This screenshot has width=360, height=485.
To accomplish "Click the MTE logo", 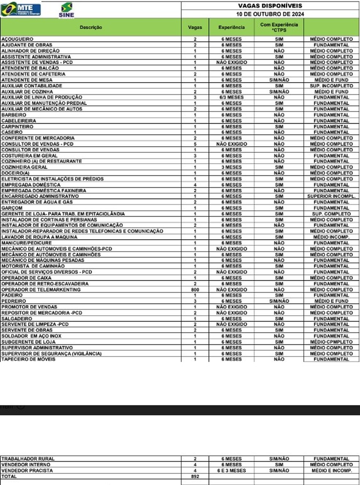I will [x=21, y=9].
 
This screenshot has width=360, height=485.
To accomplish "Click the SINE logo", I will [x=66, y=10].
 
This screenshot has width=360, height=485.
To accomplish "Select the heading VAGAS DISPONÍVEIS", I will [x=270, y=6].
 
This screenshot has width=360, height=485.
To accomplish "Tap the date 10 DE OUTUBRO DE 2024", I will [x=270, y=14].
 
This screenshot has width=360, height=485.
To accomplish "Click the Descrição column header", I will [x=91, y=27].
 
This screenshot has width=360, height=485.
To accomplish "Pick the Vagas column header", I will [x=195, y=27].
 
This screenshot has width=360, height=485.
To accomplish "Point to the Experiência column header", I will [x=232, y=27].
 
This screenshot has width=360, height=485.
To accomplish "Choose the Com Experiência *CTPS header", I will [x=279, y=27].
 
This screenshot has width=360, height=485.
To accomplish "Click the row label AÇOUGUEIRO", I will [x=17, y=39].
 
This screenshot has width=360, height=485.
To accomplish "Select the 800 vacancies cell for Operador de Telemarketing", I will [x=195, y=290].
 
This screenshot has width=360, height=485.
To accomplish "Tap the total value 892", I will [x=195, y=477].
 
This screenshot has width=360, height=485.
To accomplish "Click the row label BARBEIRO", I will [x=14, y=115].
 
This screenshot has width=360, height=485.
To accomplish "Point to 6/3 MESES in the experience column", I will [x=232, y=97].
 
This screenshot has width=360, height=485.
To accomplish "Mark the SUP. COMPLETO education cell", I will [x=331, y=214].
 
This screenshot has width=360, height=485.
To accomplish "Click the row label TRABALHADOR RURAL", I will [x=28, y=459].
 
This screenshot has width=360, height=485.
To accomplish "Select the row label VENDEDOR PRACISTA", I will [x=27, y=471].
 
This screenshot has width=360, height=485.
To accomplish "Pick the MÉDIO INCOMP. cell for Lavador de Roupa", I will [x=331, y=237].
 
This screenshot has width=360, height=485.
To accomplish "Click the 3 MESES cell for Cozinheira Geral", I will [x=232, y=167].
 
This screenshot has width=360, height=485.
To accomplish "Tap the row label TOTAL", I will [x=9, y=477].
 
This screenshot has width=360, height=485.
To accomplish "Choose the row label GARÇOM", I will [x=12, y=208].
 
